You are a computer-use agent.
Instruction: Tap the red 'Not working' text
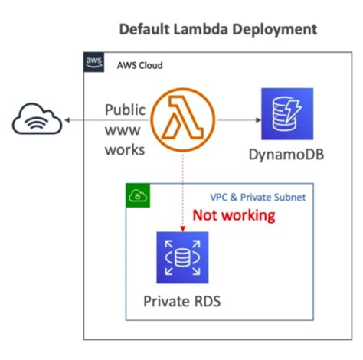point(234,215)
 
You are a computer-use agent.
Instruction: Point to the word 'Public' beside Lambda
point(125,110)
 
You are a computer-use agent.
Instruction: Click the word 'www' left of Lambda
point(125,129)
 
